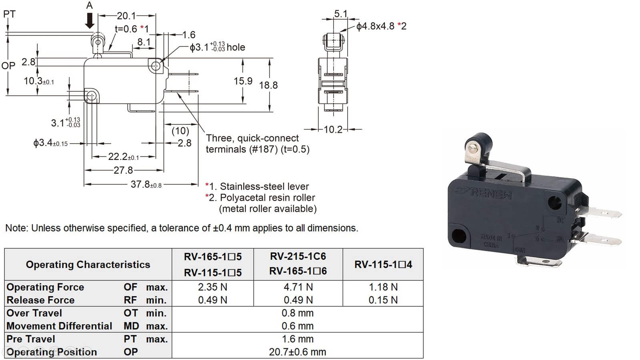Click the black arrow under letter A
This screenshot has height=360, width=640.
point(90,20)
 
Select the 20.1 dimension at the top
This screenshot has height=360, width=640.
point(126,16)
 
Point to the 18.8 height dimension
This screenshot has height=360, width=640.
point(268,85)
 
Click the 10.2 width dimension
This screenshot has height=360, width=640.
point(333,129)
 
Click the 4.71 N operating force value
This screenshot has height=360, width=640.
point(298,287)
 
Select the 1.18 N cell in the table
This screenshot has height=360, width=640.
point(383,287)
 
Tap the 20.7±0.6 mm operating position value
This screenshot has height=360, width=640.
point(297,352)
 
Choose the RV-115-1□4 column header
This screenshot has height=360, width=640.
point(383,264)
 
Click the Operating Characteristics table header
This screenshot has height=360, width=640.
point(88,264)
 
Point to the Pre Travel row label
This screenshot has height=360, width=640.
point(31,339)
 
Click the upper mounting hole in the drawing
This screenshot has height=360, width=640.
point(156,66)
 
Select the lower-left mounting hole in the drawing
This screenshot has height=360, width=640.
point(91,96)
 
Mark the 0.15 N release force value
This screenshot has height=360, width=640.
point(383,300)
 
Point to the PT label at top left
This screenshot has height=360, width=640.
point(9,14)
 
